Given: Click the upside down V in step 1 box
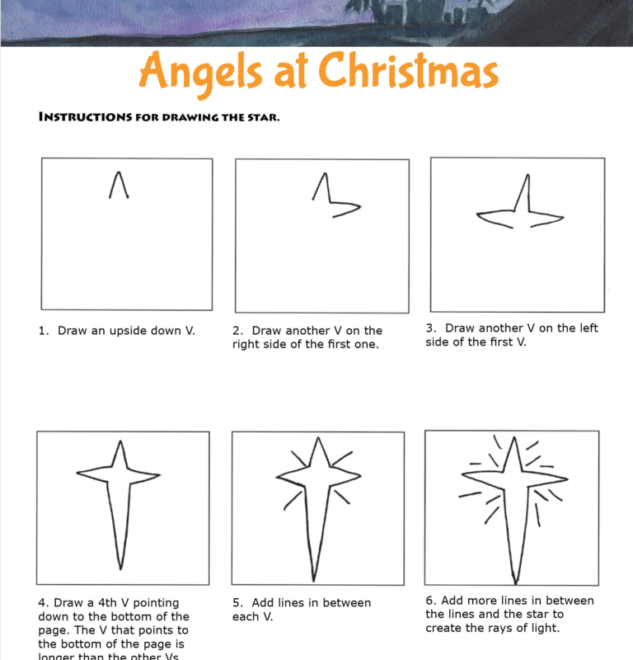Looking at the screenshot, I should pyautogui.click(x=119, y=185).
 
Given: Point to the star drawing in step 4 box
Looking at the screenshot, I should pyautogui.click(x=120, y=495).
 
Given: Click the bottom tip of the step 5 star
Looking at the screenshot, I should pyautogui.click(x=313, y=579).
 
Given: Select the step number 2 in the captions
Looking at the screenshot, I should pyautogui.click(x=237, y=331).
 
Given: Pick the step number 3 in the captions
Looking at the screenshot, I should pyautogui.click(x=430, y=328).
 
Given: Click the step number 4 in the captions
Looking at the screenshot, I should pyautogui.click(x=42, y=603).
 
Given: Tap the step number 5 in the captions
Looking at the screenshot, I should pyautogui.click(x=237, y=603).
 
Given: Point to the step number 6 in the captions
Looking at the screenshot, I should pyautogui.click(x=430, y=601).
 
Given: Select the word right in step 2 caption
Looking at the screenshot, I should pyautogui.click(x=248, y=344).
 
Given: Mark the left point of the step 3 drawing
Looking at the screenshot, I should pyautogui.click(x=478, y=216).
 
